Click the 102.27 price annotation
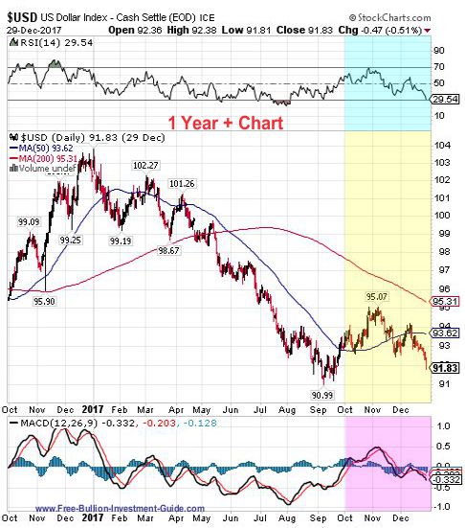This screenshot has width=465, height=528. click(x=145, y=165)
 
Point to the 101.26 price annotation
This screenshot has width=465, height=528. click(x=182, y=183)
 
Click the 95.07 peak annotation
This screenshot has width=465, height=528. click(x=377, y=297)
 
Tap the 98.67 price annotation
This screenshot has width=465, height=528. click(x=168, y=249)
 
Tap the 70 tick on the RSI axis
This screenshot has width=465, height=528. click(x=439, y=66)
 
